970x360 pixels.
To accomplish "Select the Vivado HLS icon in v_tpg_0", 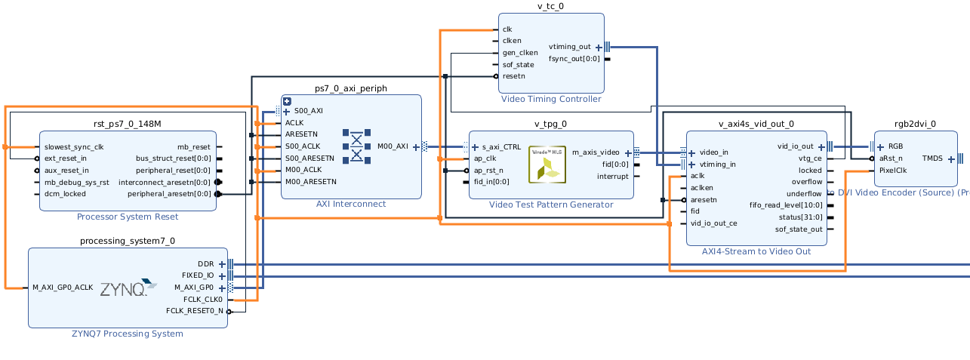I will (547, 164).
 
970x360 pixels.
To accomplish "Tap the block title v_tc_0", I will (550, 6).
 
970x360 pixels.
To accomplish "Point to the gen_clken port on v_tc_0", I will (520, 53).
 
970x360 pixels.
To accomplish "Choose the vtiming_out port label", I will (569, 47).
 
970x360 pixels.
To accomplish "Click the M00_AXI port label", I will (393, 146).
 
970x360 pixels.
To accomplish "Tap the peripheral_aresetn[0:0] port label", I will (169, 194).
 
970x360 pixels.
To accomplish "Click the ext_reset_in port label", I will (66, 158).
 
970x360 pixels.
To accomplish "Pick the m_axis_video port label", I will (596, 152).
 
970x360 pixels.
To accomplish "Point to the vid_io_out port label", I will (795, 146).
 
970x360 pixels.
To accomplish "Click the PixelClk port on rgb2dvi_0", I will (892, 171).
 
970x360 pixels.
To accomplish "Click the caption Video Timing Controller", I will (550, 99).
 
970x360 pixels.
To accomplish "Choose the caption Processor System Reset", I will (128, 217).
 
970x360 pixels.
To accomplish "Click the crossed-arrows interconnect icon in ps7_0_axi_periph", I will (356, 146).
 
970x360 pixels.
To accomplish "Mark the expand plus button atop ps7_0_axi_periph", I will (287, 100).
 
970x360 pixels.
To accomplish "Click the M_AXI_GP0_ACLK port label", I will (63, 288).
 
